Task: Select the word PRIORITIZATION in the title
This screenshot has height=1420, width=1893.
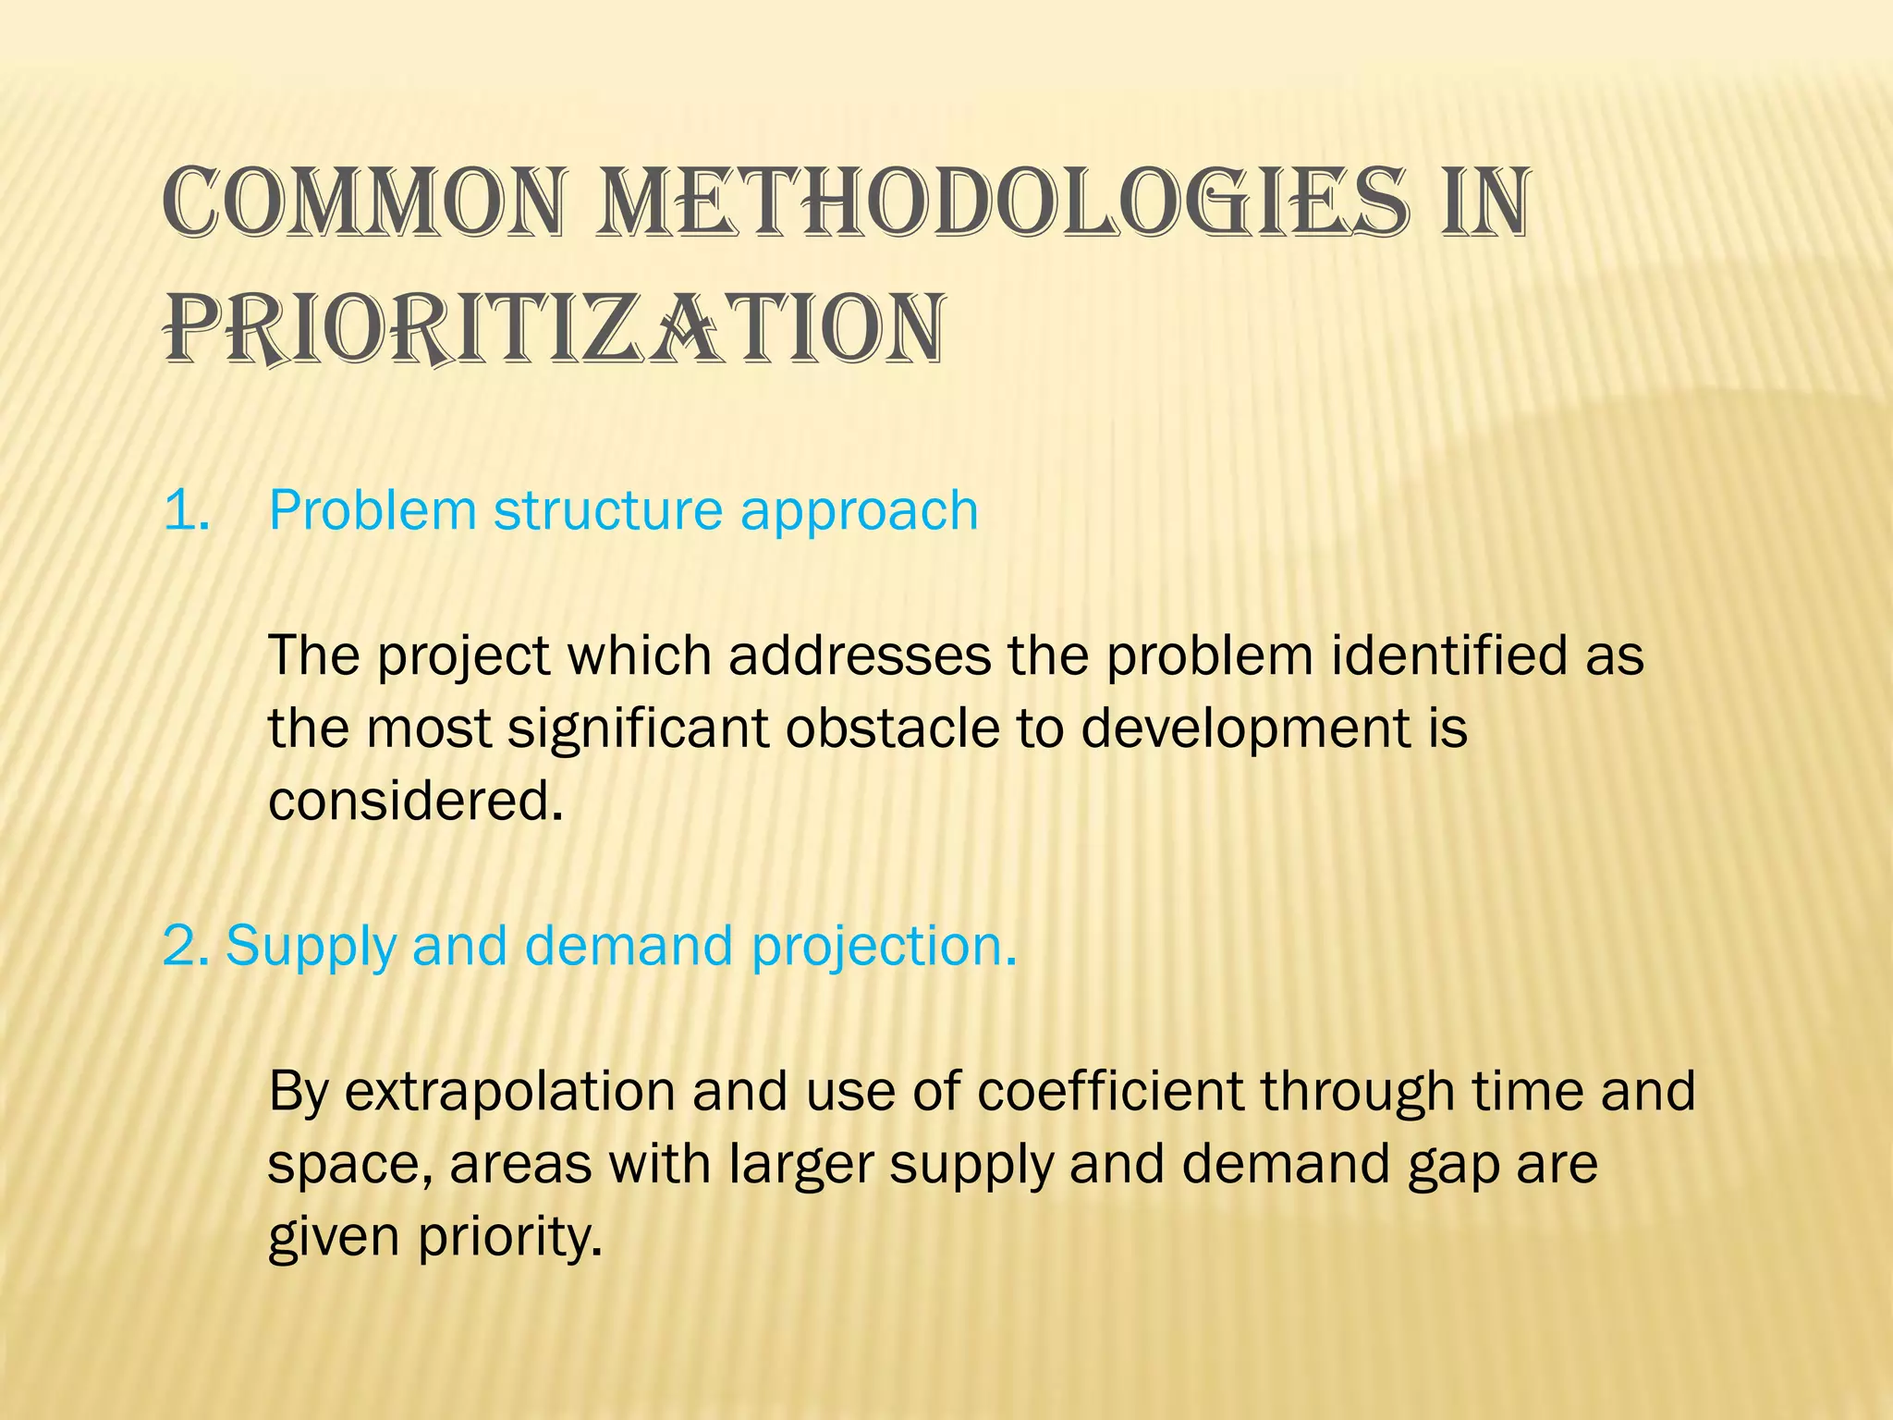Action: pyautogui.click(x=555, y=329)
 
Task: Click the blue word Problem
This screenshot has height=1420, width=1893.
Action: pyautogui.click(x=372, y=509)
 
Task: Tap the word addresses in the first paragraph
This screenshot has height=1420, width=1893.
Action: pyautogui.click(x=859, y=655)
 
